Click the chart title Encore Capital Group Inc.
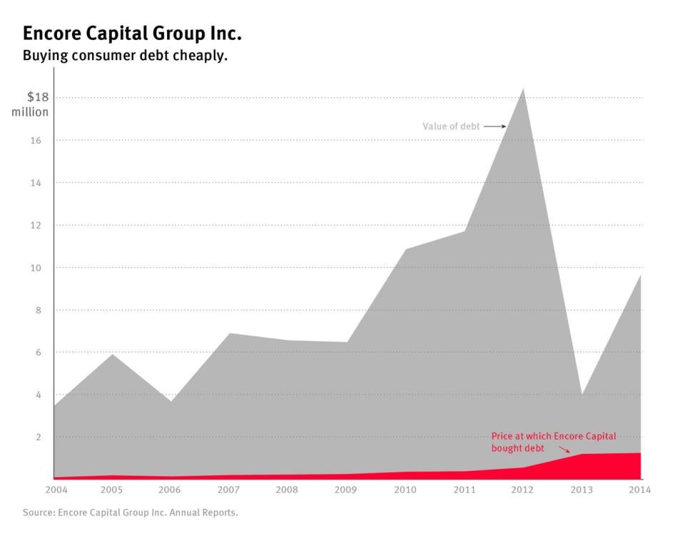click(x=132, y=33)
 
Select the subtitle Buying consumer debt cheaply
click(x=125, y=56)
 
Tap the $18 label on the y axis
click(x=37, y=97)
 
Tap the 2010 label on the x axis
click(x=406, y=490)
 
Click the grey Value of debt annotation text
click(x=451, y=126)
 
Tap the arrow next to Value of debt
click(x=494, y=126)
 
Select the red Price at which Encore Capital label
click(x=554, y=436)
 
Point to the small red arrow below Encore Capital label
click(x=564, y=450)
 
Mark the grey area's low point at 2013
click(x=582, y=394)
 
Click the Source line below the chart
click(x=130, y=512)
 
